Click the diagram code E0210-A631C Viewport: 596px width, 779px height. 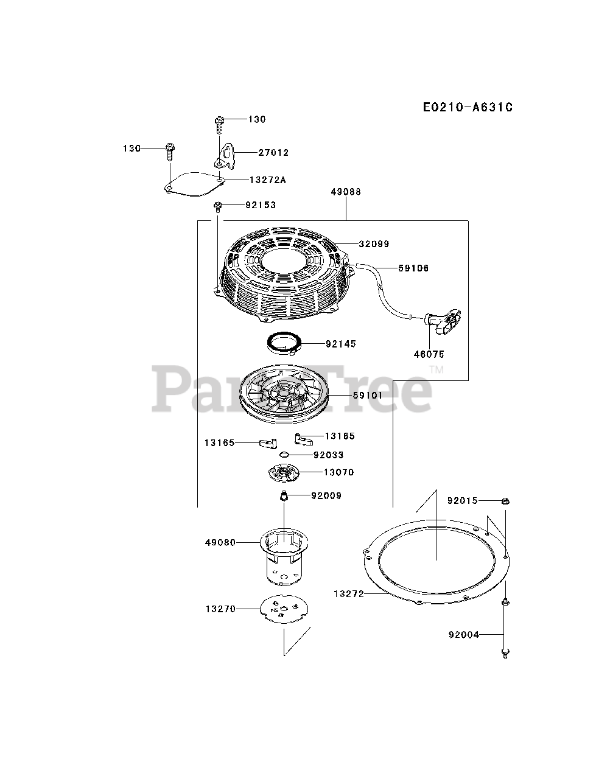(468, 108)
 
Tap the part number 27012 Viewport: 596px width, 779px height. (273, 153)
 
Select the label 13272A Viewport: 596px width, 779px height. (268, 180)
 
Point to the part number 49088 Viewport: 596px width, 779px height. (346, 192)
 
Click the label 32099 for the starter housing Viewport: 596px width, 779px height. (374, 244)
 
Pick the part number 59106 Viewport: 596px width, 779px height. (413, 268)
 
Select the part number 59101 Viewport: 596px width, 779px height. (367, 396)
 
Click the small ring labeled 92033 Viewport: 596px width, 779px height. (284, 455)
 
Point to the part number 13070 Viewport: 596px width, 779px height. (338, 472)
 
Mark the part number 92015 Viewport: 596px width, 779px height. (463, 501)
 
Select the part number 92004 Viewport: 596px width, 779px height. (464, 635)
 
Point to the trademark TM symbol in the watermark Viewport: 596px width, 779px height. (436, 369)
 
